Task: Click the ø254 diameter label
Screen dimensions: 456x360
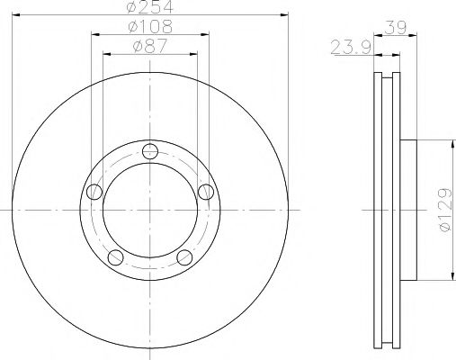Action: pyautogui.click(x=150, y=6)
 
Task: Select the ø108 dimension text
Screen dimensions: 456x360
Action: pyautogui.click(x=150, y=26)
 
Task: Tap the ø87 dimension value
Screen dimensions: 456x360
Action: pyautogui.click(x=150, y=46)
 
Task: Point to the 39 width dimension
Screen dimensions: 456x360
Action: pyautogui.click(x=396, y=27)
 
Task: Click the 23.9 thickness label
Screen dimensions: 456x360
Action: pyautogui.click(x=351, y=48)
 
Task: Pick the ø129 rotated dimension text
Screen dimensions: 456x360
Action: pyautogui.click(x=445, y=210)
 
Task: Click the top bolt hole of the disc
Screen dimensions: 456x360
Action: pyautogui.click(x=150, y=151)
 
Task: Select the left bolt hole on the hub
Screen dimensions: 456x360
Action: pyautogui.click(x=94, y=192)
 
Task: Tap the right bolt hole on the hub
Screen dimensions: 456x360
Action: pyautogui.click(x=206, y=192)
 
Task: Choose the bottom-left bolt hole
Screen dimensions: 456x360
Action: pyautogui.click(x=115, y=257)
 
